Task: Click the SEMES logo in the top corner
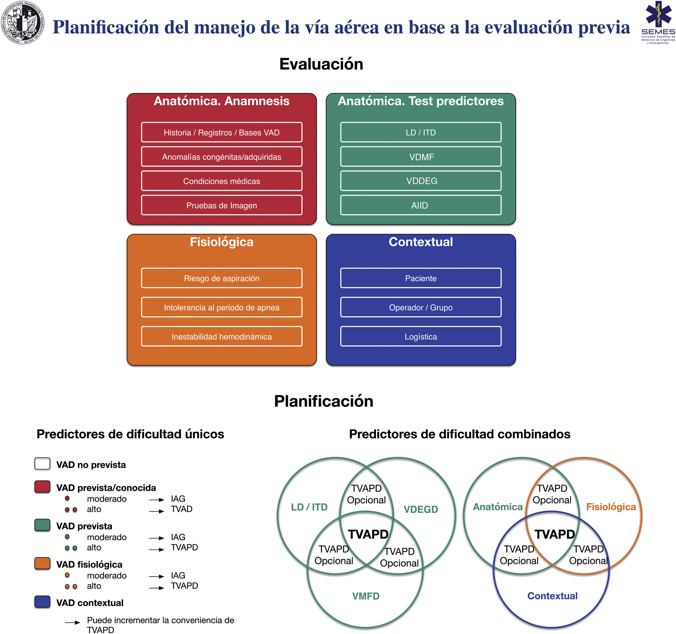click(658, 22)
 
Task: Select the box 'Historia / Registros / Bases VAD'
click(221, 132)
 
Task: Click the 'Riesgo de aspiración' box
click(221, 278)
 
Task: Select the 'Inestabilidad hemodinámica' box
click(221, 336)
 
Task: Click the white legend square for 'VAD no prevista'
click(43, 464)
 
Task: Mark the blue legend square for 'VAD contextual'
click(43, 602)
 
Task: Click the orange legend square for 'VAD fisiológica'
click(43, 563)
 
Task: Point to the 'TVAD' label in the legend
click(182, 509)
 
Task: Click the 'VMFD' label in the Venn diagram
click(366, 596)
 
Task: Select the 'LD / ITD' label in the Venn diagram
click(309, 507)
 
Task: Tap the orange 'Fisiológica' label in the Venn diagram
click(611, 507)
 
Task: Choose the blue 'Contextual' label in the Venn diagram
click(552, 596)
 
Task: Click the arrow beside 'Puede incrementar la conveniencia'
click(72, 622)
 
